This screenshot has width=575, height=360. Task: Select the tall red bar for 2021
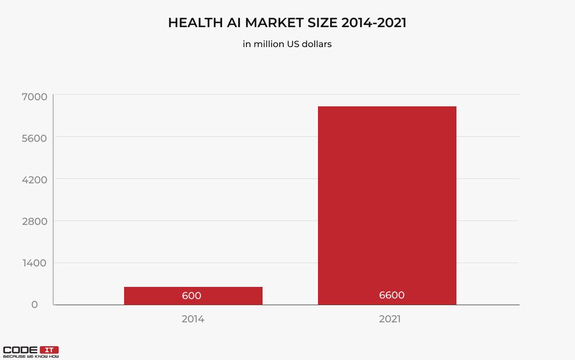(387, 199)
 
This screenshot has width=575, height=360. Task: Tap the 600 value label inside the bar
(192, 296)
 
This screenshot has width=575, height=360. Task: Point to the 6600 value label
(392, 295)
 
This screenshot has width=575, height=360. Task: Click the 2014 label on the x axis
(193, 320)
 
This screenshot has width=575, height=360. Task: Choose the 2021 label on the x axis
(390, 320)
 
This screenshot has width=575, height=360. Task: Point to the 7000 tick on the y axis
(34, 96)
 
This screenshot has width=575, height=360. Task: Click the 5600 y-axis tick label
(34, 138)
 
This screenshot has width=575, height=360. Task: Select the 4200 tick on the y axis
(34, 179)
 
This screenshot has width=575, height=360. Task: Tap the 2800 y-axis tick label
(34, 221)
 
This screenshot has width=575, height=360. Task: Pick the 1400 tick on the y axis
(34, 263)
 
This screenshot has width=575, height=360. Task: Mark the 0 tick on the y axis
(34, 304)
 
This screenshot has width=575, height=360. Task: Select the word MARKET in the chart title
(271, 23)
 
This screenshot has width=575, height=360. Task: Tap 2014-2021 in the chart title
(374, 23)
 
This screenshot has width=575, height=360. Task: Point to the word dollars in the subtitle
(317, 44)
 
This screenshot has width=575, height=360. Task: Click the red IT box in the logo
(49, 350)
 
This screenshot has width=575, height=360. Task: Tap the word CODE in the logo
(20, 350)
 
